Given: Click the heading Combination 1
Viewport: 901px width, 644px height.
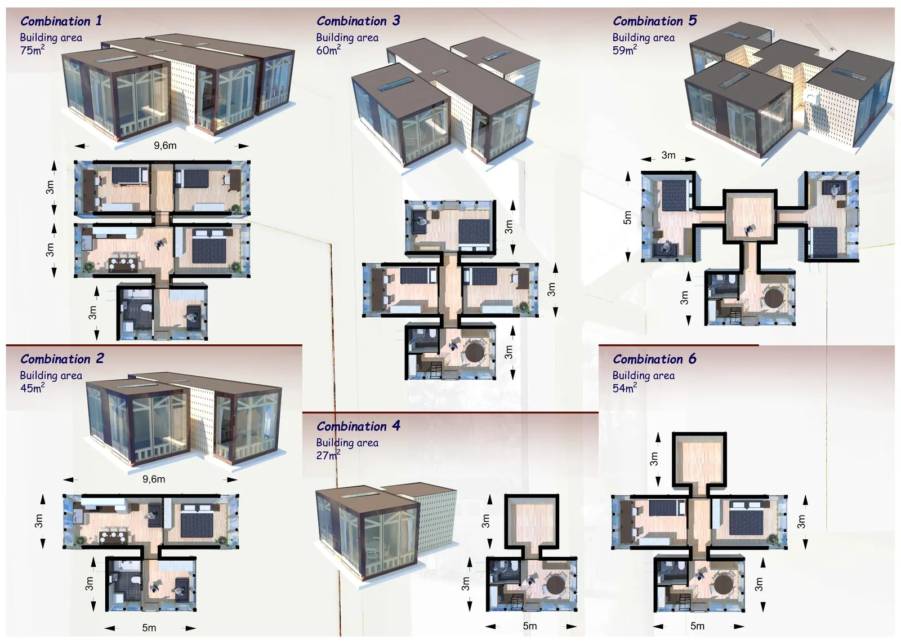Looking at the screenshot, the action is point(61,21).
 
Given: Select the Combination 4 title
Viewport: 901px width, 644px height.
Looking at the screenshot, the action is point(358,426).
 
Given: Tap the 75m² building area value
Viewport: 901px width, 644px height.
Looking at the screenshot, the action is point(32,50).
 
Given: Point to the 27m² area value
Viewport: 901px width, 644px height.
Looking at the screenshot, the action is point(328,455).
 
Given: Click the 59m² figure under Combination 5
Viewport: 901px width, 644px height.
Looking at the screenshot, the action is point(625,50).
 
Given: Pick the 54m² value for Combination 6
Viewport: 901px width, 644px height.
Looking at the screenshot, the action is point(625,388).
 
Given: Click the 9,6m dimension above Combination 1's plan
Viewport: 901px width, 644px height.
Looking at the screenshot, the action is point(165,145).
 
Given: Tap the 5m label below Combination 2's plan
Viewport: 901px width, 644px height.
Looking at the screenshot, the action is point(149,628).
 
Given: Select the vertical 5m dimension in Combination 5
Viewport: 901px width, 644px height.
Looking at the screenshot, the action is point(627,217).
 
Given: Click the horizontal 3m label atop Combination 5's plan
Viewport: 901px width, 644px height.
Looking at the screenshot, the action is point(668,155).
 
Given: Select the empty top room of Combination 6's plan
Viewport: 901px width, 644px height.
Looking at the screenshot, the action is point(699,461).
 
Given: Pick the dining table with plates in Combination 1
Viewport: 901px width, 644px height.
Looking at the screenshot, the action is point(123,264).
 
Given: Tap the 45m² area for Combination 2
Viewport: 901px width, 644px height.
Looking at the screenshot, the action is point(32,388).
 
